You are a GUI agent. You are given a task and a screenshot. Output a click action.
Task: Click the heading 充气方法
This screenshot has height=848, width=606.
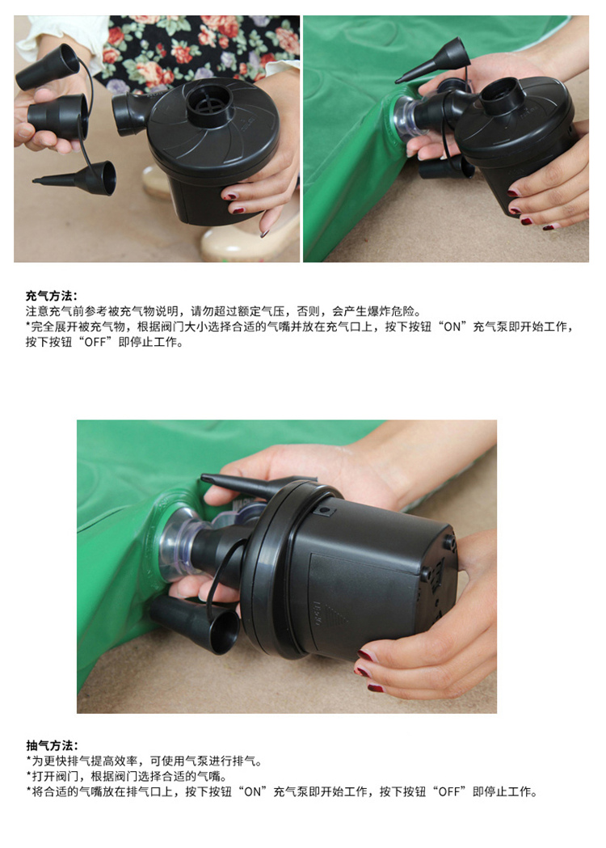click(x=52, y=296)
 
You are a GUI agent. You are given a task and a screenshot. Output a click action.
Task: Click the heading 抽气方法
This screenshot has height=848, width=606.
click(x=52, y=745)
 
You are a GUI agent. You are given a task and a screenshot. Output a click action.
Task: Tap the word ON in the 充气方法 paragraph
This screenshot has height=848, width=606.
click(x=452, y=327)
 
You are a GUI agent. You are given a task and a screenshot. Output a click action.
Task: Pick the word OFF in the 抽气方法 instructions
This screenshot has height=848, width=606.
click(x=449, y=791)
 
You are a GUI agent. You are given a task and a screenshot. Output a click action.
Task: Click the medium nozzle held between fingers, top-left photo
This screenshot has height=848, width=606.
click(x=57, y=116)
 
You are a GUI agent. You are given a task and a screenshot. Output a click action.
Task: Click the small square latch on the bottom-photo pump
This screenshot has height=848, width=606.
click(x=324, y=510)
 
